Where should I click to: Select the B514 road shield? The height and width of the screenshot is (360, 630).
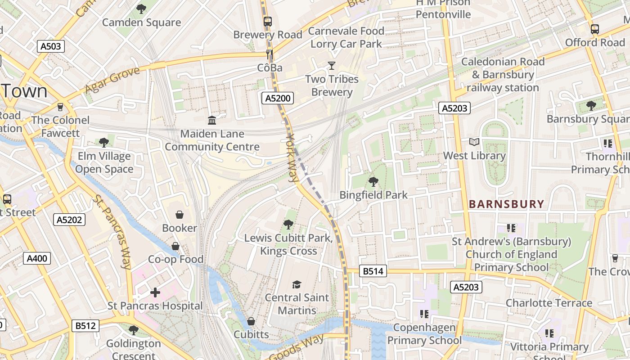coord(373,271)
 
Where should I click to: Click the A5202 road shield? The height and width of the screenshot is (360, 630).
coord(69,220)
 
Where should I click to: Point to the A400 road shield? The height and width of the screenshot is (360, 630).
coord(37,258)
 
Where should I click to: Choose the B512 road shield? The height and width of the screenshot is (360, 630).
coord(85,325)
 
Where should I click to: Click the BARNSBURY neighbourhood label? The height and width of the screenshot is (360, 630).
coord(507,204)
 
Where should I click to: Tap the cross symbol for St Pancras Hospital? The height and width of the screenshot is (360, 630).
coord(155,293)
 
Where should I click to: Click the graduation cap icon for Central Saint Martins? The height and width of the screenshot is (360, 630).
coord(297,284)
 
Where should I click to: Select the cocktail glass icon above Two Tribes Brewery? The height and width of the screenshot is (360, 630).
coord(332,66)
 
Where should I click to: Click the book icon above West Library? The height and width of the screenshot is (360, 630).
coord(474,142)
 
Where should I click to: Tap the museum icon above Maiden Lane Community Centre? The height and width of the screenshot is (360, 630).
coord(212,120)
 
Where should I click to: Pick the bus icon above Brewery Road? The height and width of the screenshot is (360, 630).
coord(268,21)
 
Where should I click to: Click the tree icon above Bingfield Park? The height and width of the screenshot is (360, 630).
coord(373,182)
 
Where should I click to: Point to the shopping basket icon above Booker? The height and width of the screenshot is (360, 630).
coord(180,215)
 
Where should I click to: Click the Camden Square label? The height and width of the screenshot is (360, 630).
coord(141,22)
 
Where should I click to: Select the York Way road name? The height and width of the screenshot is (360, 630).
coord(293,157)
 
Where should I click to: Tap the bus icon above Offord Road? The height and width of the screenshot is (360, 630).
coord(595,29)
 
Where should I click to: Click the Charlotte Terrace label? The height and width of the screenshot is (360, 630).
coord(549,303)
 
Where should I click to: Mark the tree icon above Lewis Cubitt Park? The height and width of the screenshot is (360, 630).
coord(288,224)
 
